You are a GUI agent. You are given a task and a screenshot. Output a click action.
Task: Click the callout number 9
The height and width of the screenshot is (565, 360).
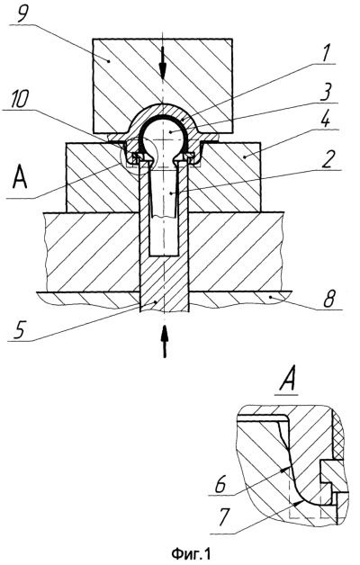click(x=22, y=13)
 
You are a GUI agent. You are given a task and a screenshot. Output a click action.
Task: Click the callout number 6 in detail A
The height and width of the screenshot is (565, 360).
click(x=220, y=485)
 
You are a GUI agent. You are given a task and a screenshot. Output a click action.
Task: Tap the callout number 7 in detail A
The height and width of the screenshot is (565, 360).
click(x=222, y=518)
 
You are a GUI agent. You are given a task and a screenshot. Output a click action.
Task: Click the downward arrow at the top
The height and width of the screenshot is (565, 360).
click(x=163, y=65)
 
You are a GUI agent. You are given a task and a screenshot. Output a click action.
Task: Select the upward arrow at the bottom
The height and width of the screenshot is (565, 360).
click(x=165, y=341)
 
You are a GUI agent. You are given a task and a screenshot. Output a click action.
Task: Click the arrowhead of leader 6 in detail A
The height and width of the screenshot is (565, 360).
click(x=287, y=469)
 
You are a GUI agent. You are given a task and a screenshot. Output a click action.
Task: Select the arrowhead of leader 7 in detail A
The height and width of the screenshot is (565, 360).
click(x=298, y=502)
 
